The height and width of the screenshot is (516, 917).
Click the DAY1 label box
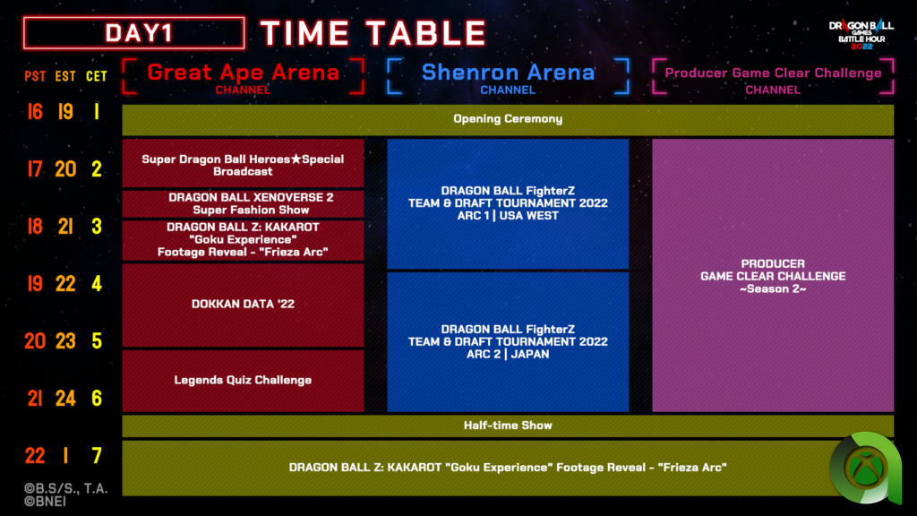point(134,33)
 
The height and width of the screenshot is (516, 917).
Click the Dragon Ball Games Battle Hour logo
point(861,35)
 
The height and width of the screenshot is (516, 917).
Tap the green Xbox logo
point(866,468)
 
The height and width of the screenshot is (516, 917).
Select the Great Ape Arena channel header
point(243,77)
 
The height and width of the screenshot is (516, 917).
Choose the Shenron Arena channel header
point(508,77)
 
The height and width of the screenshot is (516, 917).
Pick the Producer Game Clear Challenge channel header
point(773,77)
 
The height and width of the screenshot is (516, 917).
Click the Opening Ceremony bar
point(508,119)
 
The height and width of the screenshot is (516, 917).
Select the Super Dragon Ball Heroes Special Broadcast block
point(243,163)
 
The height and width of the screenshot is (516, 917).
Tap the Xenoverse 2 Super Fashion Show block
point(243,203)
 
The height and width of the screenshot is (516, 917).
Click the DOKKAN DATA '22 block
point(243,305)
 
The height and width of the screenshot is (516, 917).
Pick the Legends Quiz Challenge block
point(243,381)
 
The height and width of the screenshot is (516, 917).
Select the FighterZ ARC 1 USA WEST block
point(508,204)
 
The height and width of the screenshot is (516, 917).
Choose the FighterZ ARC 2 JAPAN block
point(508,342)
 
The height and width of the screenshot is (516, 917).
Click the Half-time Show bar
point(508,426)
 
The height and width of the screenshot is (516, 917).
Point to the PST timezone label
point(35,77)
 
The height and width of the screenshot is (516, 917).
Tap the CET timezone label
point(97,77)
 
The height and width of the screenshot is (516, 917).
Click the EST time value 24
point(65,399)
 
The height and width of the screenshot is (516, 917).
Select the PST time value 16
point(35,112)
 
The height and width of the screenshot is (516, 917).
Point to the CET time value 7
point(97,456)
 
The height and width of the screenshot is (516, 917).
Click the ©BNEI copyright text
point(45,502)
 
